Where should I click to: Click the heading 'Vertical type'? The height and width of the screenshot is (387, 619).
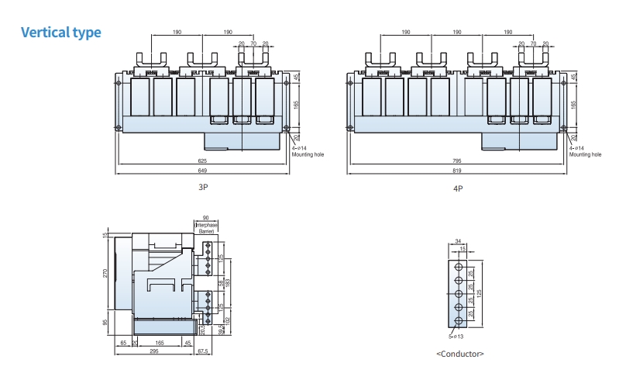(60, 33)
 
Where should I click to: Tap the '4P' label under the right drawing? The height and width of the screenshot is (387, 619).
(458, 188)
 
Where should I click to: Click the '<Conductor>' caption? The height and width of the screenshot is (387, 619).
(460, 354)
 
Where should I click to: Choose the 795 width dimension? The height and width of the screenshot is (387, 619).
(457, 161)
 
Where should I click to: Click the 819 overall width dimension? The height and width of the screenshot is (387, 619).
(457, 170)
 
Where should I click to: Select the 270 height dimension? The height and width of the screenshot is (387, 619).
(106, 273)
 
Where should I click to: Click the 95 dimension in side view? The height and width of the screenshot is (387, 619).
(106, 323)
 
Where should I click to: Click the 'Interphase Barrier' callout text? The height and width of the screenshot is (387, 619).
(206, 228)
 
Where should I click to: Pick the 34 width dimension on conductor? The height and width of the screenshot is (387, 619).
(459, 241)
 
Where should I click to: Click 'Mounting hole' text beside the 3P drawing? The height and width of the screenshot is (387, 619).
(308, 154)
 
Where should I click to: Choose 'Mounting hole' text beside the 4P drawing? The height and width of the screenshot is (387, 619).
(585, 154)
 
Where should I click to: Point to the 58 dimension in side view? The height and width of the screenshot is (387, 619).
(221, 284)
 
